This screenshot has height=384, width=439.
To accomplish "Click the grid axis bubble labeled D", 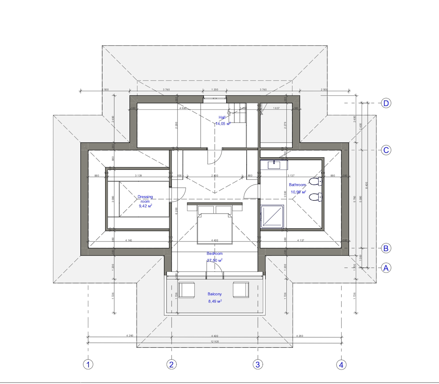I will pyautogui.click(x=386, y=103).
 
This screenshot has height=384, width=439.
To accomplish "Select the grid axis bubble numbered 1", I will pyautogui.click(x=88, y=364).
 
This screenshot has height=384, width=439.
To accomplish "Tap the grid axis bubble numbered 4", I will pyautogui.click(x=341, y=364).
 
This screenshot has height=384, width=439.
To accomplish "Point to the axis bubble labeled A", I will pyautogui.click(x=386, y=268).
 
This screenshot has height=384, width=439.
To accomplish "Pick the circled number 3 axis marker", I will pyautogui.click(x=258, y=364).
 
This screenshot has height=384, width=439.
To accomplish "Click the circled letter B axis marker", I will pyautogui.click(x=386, y=248).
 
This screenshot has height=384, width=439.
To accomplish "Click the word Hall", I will pyautogui.click(x=222, y=118).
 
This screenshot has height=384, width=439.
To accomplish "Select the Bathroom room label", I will pyautogui.click(x=297, y=185).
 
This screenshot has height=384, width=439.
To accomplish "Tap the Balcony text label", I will pyautogui.click(x=215, y=294).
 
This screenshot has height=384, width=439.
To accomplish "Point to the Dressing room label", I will pyautogui.click(x=145, y=199).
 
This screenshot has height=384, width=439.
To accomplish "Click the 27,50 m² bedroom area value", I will pyautogui.click(x=214, y=260).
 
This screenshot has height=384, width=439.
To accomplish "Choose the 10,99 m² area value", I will pyautogui.click(x=298, y=192).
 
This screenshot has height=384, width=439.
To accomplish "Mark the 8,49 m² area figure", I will pyautogui.click(x=215, y=301).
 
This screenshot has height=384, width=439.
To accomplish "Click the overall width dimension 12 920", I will pyautogui.click(x=214, y=341).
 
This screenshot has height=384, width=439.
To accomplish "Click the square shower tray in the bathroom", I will pyautogui.click(x=272, y=217).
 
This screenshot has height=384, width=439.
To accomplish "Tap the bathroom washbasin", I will pyautogui.click(x=274, y=164).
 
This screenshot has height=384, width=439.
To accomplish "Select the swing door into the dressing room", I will pyautogui.click(x=178, y=194).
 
